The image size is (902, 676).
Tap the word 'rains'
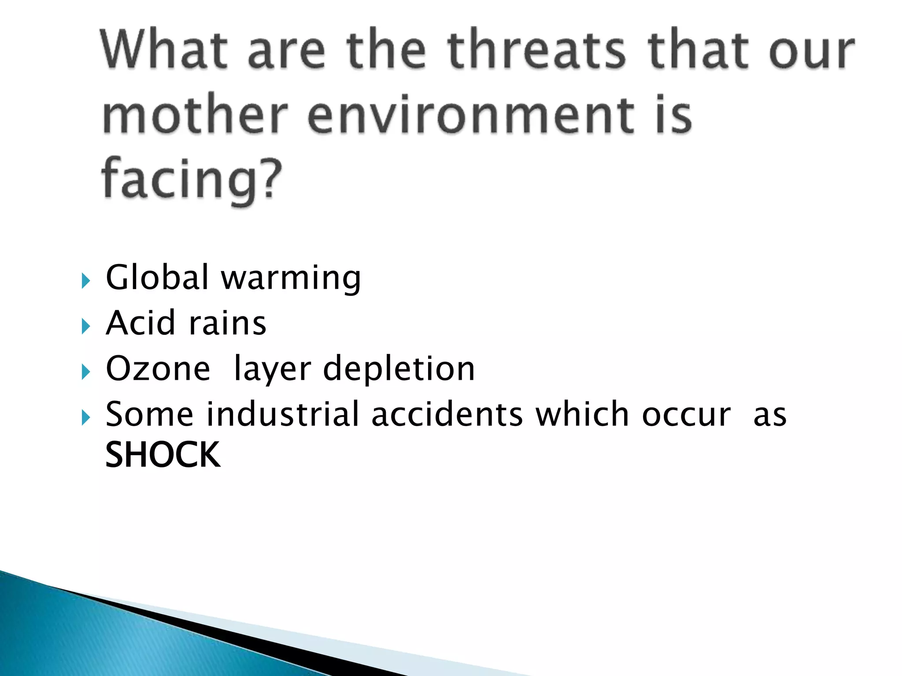pyautogui.click(x=227, y=323)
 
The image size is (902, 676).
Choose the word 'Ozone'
pyautogui.click(x=158, y=369)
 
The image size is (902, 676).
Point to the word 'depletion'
pyautogui.click(x=399, y=370)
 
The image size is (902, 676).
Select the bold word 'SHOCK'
pyautogui.click(x=163, y=455)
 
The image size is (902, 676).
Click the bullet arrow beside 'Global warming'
pyautogui.click(x=86, y=280)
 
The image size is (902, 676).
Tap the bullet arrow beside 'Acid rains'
pyautogui.click(x=86, y=326)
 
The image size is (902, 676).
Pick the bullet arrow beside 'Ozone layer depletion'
pyautogui.click(x=86, y=372)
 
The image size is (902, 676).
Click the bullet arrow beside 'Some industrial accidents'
pyautogui.click(x=86, y=417)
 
